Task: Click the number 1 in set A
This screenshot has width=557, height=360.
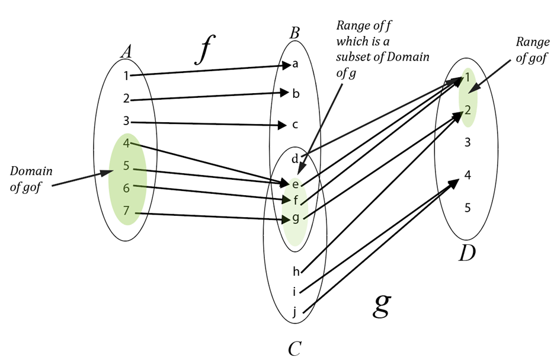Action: click(x=126, y=75)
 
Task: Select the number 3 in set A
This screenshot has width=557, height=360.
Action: click(x=126, y=122)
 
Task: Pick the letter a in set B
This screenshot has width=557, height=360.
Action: click(x=295, y=64)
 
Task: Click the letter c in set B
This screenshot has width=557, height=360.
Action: click(x=295, y=125)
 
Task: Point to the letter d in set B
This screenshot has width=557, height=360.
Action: click(x=294, y=159)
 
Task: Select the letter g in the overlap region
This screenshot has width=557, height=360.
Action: click(x=295, y=218)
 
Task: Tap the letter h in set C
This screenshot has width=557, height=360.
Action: click(x=296, y=272)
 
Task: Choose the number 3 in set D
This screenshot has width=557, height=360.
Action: click(x=468, y=142)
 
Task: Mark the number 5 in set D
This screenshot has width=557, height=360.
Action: click(x=468, y=208)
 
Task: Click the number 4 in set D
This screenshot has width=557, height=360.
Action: click(x=468, y=175)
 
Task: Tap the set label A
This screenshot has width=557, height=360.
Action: click(x=126, y=52)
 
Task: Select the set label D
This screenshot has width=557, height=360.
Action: click(x=467, y=253)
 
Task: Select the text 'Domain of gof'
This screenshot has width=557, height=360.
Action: click(x=31, y=177)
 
